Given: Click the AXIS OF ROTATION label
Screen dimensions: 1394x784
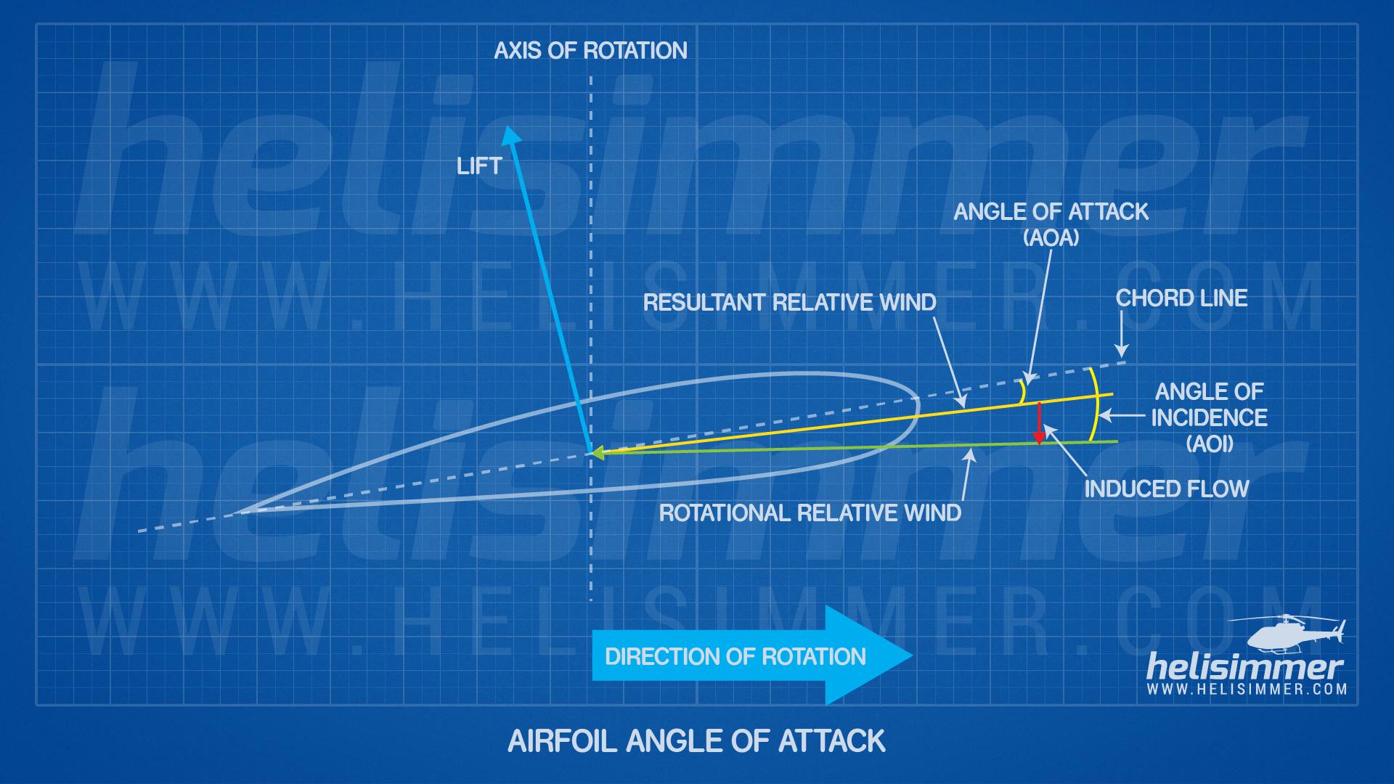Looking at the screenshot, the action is [590, 51].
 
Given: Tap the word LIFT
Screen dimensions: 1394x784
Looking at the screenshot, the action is [479, 166].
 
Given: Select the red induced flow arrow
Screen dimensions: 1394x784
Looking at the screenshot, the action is [1039, 422].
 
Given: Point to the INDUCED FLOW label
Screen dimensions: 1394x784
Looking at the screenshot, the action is [1166, 489].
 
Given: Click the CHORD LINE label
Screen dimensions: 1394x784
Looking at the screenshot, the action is [1181, 298].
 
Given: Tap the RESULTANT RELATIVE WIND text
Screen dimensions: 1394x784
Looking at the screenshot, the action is [789, 302].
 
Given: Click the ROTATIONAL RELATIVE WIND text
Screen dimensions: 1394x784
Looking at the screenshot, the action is [810, 513].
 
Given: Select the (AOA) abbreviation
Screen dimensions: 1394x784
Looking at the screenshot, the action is [1051, 238].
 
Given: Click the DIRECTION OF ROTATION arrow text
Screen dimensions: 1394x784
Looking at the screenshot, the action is [735, 657].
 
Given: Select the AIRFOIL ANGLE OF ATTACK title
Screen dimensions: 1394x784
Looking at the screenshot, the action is [696, 741].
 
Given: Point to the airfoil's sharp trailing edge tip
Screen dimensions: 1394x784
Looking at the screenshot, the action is [229, 515].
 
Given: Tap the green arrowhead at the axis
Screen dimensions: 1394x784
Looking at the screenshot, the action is [598, 452].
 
